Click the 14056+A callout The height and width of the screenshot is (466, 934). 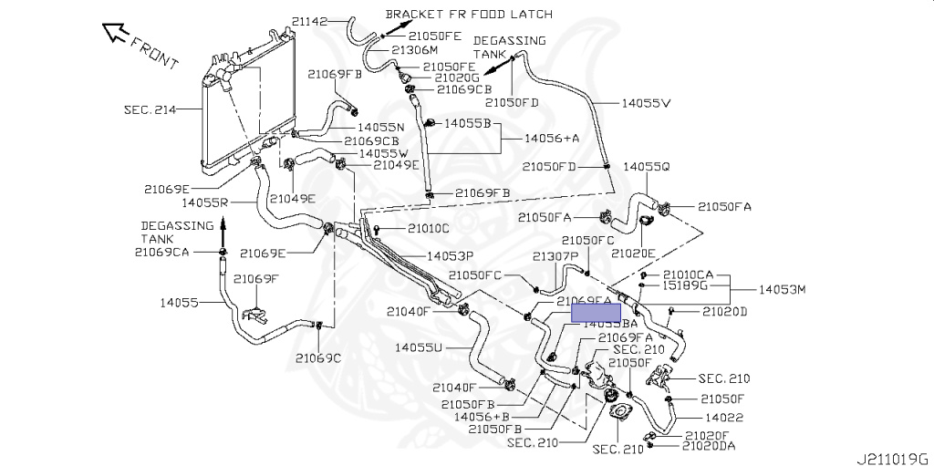tap(552, 138)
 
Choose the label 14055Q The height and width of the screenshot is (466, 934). tap(647, 167)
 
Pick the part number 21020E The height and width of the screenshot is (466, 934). tap(634, 253)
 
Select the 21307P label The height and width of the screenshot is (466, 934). tap(556, 256)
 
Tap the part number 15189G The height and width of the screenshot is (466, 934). tap(685, 285)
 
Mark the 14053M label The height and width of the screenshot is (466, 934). tap(784, 289)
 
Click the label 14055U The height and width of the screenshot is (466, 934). tap(419, 347)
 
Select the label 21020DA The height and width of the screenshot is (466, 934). tap(709, 446)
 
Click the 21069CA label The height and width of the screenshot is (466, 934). tap(161, 252)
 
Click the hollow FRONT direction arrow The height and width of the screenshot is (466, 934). tap(116, 35)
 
